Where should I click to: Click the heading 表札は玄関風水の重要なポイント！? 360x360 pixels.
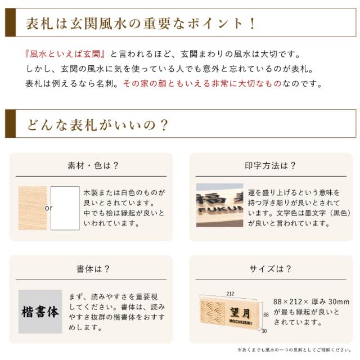click(x=141, y=24)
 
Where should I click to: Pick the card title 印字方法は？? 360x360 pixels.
click(x=271, y=165)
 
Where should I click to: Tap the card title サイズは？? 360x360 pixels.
click(x=271, y=269)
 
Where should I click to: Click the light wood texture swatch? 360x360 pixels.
click(x=31, y=208)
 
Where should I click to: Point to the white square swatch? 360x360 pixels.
click(x=65, y=208)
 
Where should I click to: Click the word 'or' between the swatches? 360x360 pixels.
click(x=48, y=208)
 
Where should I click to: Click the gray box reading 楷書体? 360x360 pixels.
click(x=40, y=311)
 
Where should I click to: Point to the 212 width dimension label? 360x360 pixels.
click(x=231, y=292)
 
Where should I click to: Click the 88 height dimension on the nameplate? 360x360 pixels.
click(x=266, y=315)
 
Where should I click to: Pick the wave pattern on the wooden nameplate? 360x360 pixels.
click(x=213, y=314)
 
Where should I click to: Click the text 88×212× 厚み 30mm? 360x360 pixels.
click(x=311, y=301)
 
